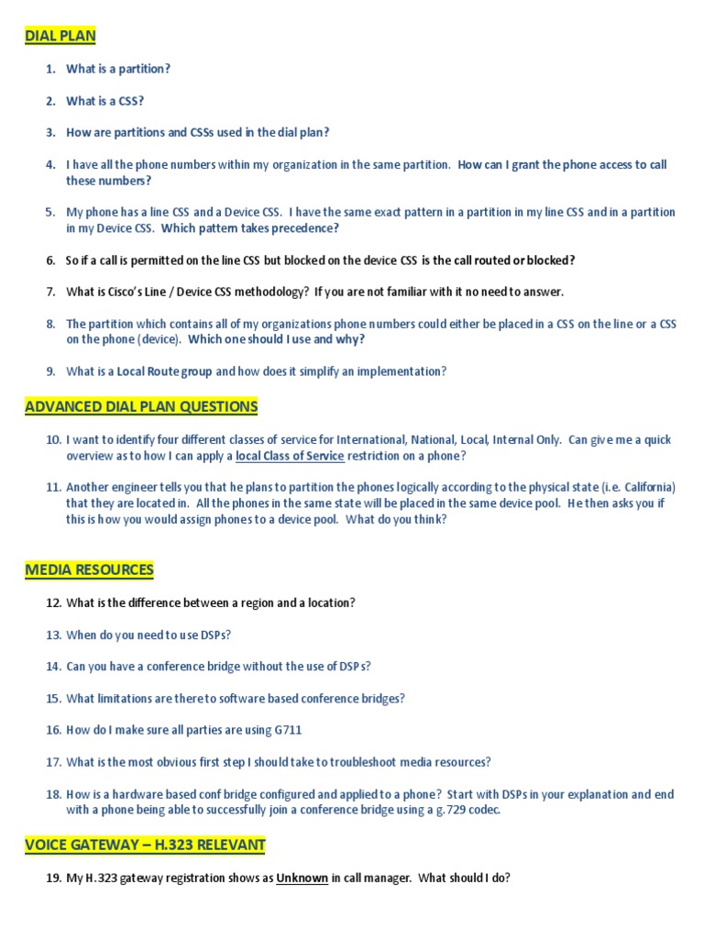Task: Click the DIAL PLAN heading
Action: (60, 36)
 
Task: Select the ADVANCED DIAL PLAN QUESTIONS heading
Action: (141, 406)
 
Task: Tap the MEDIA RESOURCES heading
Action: (89, 569)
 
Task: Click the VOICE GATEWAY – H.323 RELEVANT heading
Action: (145, 845)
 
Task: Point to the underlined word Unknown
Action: (302, 878)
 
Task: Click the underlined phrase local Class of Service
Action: (290, 456)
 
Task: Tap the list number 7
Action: (50, 292)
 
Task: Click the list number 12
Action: (52, 602)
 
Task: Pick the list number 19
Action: (52, 878)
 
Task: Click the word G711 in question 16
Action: (284, 730)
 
